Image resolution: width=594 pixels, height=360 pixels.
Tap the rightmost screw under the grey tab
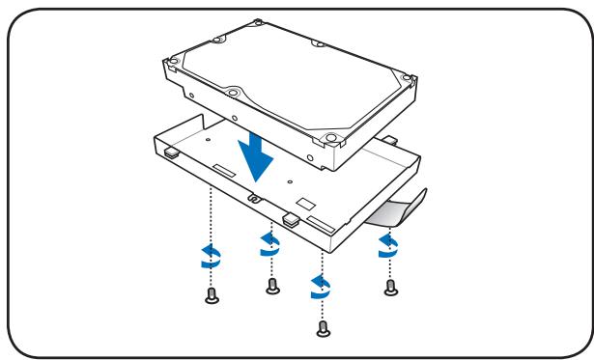click(x=389, y=287)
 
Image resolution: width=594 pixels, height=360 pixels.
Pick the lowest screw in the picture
click(x=323, y=328)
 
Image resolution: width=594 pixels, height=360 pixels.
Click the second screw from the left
click(x=272, y=286)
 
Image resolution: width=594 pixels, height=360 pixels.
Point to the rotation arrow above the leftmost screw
click(x=209, y=257)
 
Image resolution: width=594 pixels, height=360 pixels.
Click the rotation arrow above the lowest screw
click(x=321, y=287)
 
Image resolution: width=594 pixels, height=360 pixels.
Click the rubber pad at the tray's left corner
click(x=172, y=152)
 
